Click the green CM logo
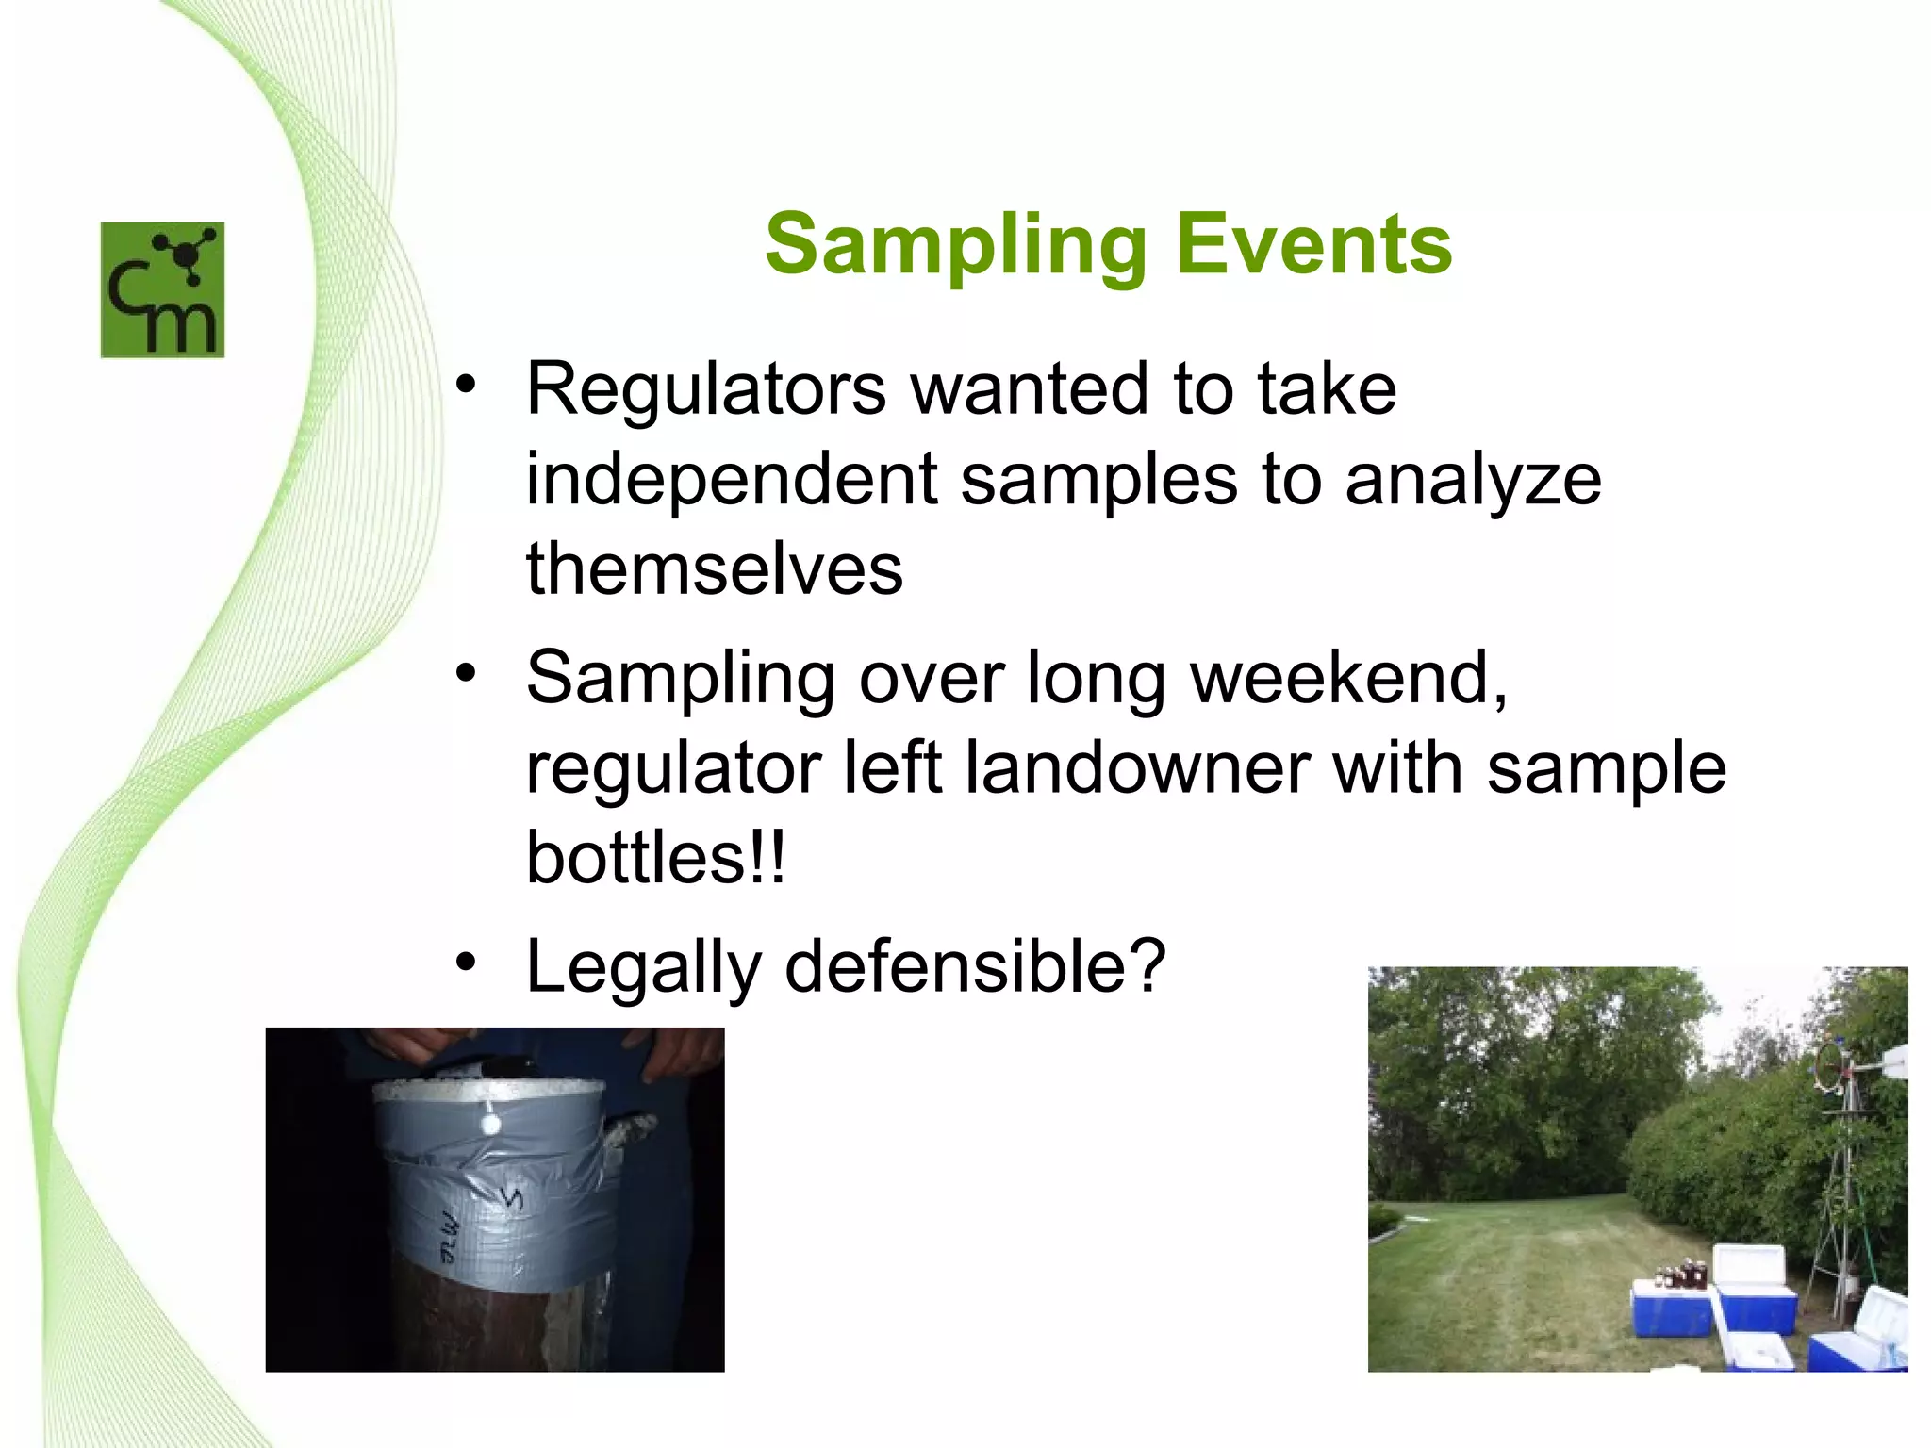pyautogui.click(x=162, y=289)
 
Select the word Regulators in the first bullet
pyautogui.click(x=706, y=388)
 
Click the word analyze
pyautogui.click(x=1473, y=481)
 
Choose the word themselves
pyautogui.click(x=715, y=569)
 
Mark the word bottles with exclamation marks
pyautogui.click(x=654, y=857)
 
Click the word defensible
pyautogui.click(x=976, y=966)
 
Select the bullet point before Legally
pyautogui.click(x=466, y=963)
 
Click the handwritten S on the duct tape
pyautogui.click(x=512, y=1200)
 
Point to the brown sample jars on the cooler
pyautogui.click(x=1681, y=1275)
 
